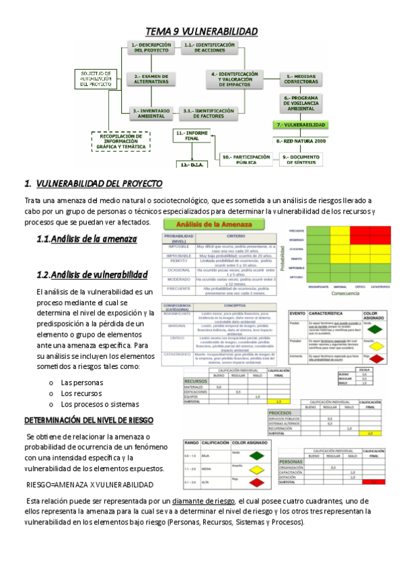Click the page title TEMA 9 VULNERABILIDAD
coord(202,32)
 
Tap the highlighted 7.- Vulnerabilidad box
coord(300,125)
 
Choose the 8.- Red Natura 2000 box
coord(300,142)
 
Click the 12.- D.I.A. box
coord(192,164)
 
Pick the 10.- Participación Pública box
coord(246,159)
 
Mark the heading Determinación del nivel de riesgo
coord(89,420)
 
